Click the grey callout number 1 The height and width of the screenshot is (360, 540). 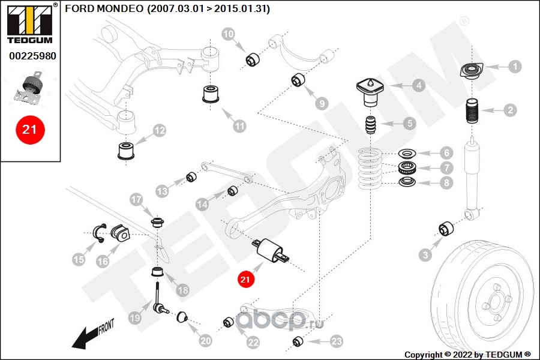(x=515, y=67)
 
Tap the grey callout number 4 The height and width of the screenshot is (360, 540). (x=419, y=85)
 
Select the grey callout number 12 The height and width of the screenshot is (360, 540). (x=159, y=131)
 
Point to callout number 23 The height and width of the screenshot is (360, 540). (x=337, y=341)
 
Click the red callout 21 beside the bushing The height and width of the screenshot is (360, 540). (x=245, y=278)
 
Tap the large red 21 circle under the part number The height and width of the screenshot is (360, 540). (x=30, y=130)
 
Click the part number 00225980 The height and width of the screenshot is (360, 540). (x=33, y=56)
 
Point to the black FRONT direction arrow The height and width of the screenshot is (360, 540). (x=91, y=335)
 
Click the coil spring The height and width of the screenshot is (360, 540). (x=370, y=169)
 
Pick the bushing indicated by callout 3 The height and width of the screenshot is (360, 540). (x=446, y=229)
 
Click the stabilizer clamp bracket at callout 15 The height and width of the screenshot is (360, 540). (x=98, y=233)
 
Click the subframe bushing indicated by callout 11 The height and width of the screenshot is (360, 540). (x=211, y=94)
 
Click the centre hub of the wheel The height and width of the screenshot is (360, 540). (x=495, y=302)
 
